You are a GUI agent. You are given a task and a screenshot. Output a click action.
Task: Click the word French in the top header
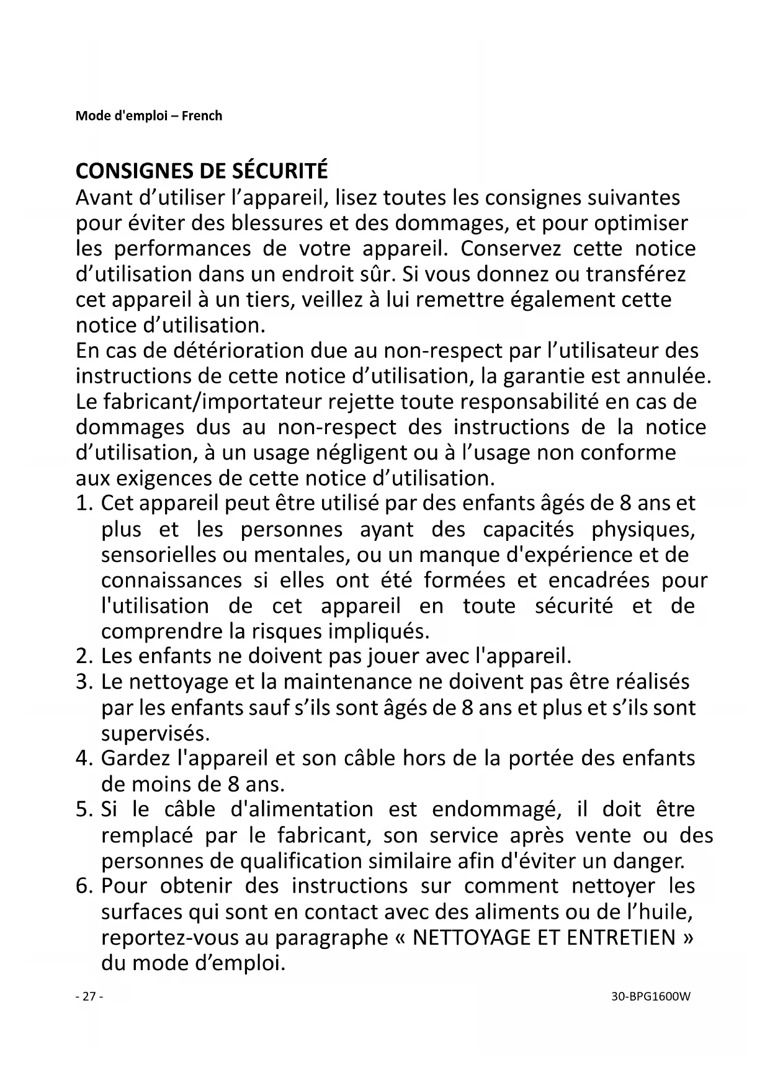202,116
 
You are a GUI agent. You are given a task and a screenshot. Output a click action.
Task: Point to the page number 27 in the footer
89,997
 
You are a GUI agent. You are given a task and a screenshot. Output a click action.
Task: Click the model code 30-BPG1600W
650,997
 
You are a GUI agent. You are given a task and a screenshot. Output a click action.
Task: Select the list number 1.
84,504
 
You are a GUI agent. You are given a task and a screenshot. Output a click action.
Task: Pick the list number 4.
84,759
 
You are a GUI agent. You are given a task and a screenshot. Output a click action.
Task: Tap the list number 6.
84,886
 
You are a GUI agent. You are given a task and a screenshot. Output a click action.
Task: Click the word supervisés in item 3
156,734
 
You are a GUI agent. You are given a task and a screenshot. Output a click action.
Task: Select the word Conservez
511,249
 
